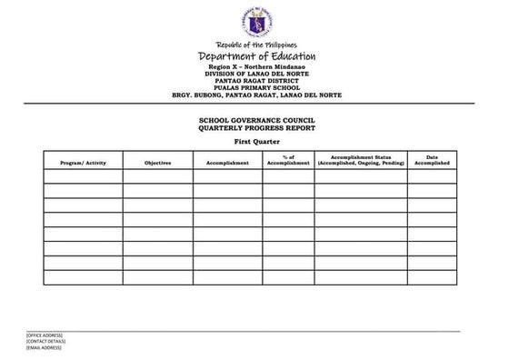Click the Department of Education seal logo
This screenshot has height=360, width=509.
pos(255,22)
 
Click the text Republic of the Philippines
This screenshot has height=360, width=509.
pos(255,45)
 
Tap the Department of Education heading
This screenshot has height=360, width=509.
pos(255,57)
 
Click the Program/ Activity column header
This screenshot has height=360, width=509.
pos(83,163)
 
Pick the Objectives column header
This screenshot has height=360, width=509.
pos(157,163)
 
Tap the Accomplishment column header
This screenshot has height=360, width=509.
pos(227,163)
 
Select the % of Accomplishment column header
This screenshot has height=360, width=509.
pos(289,160)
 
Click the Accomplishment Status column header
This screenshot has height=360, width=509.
pos(361,160)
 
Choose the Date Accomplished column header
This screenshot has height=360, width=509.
pos(432,160)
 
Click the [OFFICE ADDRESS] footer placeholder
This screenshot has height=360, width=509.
pos(45,335)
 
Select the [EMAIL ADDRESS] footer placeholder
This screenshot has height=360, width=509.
pos(44,348)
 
